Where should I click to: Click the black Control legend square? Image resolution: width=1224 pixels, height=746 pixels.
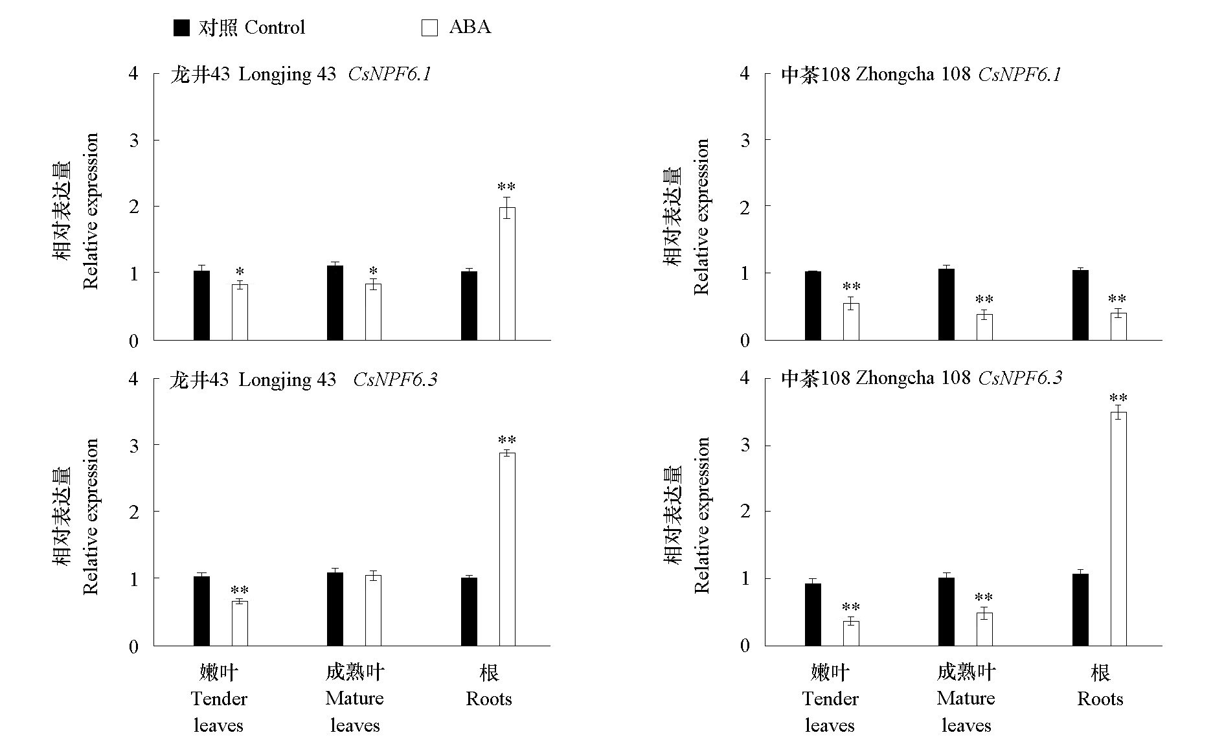pos(181,27)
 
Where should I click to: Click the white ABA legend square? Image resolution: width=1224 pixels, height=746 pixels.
pos(429,27)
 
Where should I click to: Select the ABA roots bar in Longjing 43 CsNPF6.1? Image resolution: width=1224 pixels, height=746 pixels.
pos(507,273)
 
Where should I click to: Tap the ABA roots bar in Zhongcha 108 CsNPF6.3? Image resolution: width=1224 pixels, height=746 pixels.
pos(1118,528)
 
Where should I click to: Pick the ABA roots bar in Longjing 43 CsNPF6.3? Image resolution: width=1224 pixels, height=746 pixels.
pos(507,549)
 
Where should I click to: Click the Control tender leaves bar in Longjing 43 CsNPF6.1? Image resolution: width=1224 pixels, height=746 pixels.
pos(201,305)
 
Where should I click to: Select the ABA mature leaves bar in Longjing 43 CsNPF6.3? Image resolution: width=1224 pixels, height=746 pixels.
pos(373,610)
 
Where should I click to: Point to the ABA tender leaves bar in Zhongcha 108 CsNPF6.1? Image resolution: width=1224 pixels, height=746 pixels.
pos(851,321)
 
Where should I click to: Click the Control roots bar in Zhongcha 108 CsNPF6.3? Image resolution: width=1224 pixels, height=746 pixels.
pos(1080,609)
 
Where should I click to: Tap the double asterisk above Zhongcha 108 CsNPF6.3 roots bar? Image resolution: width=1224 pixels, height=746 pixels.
pos(1118,398)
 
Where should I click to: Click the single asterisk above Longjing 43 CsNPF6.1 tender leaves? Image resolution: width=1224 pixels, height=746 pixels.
pos(240,272)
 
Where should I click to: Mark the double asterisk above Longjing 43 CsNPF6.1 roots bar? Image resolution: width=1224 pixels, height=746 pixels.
pos(506,188)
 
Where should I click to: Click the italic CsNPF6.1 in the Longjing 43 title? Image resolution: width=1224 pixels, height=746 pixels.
pos(389,74)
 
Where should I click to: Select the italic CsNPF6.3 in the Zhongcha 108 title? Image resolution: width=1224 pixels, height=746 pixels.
pos(1020,378)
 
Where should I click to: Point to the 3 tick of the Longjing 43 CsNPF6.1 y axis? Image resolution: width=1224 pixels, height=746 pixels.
pos(134,141)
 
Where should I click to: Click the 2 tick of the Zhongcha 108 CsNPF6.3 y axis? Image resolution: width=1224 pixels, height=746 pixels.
pos(745,512)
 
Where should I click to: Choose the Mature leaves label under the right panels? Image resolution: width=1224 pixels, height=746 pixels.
pos(966,699)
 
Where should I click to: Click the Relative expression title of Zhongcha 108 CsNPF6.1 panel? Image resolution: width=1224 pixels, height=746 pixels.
pos(701,217)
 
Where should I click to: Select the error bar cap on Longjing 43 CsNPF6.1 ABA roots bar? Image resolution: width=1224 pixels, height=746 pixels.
pos(507,198)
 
